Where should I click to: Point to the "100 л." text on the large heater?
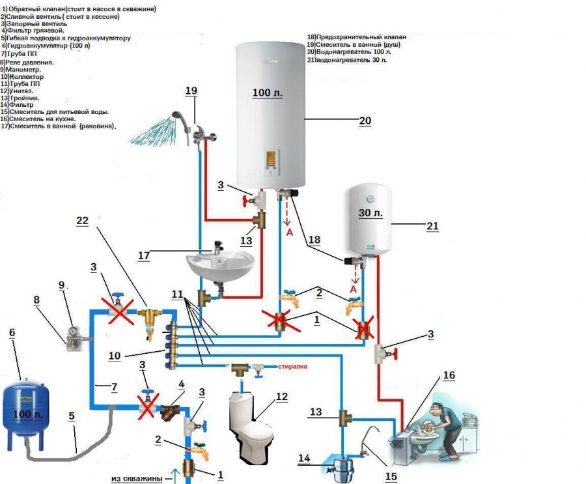[268, 93]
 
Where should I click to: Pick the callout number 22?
[81, 221]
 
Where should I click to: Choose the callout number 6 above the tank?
[11, 333]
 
